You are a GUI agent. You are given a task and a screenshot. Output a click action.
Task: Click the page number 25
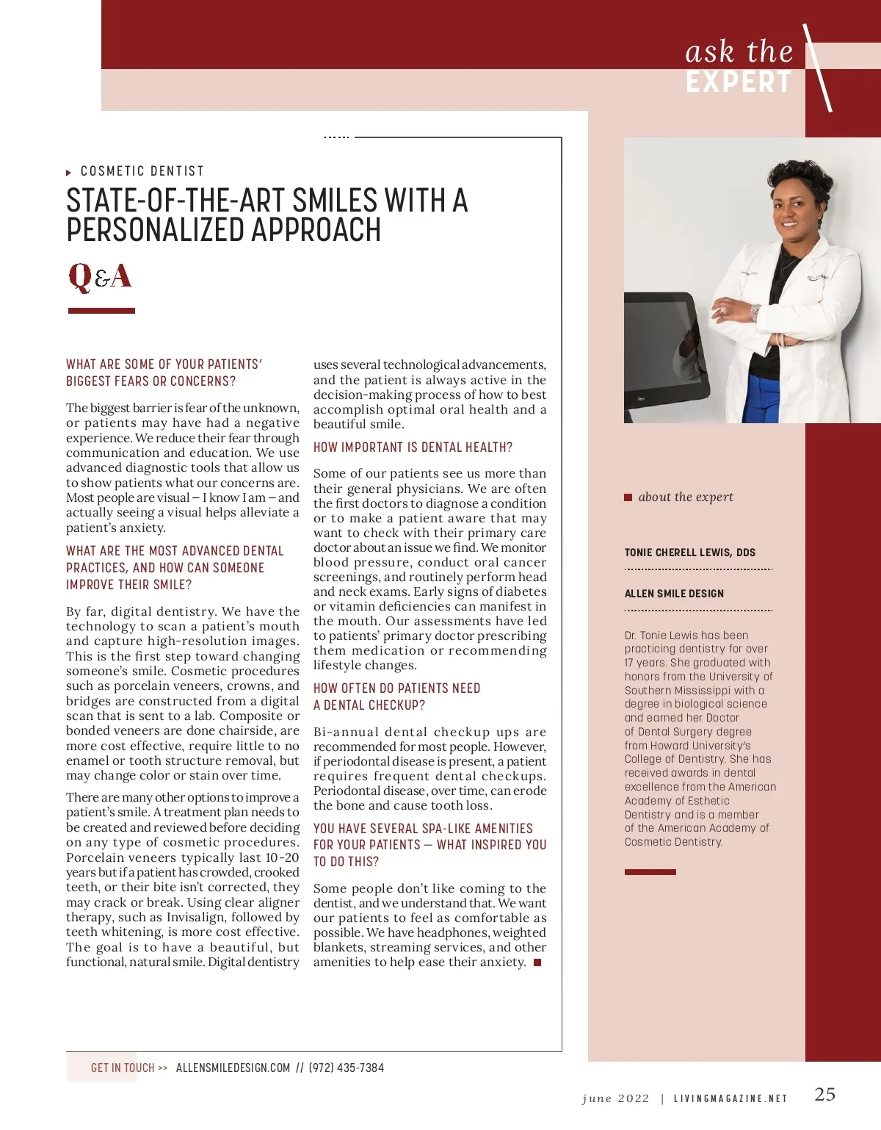coord(824,1095)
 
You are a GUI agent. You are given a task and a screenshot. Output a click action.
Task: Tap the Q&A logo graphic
coord(100,277)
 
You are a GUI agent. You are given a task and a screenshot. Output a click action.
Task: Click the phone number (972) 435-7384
coord(346,1068)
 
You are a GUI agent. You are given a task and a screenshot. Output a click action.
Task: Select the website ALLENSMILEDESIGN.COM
coord(233,1068)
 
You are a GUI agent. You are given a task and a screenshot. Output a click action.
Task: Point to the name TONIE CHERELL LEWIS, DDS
coord(689,553)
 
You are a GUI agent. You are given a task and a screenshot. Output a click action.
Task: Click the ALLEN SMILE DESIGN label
coord(674,594)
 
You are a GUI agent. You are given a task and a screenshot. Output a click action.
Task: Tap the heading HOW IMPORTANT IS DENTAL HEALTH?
coord(413,447)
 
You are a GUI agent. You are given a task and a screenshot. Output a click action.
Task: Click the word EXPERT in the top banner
coord(739,82)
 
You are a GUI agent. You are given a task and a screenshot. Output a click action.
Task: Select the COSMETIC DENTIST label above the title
coord(142,171)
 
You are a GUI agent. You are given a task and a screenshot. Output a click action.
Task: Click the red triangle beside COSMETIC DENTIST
coord(69,173)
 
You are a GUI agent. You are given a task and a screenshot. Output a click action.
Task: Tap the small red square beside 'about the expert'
coord(628,497)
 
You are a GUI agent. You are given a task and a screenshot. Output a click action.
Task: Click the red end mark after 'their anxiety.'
coord(537,962)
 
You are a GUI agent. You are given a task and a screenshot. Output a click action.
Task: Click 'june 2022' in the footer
coord(615,1099)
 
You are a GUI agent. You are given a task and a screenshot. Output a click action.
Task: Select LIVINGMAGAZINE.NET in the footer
coord(730,1099)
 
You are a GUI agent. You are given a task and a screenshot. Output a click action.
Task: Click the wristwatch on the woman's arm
coord(755,312)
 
